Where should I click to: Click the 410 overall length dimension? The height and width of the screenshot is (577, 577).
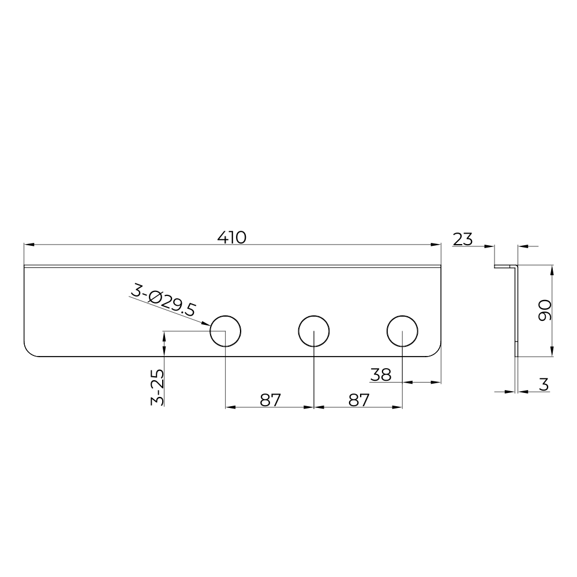click(231, 238)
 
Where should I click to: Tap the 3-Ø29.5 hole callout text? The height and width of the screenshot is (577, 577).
click(163, 303)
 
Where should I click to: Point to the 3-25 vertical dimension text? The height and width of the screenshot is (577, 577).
click(157, 387)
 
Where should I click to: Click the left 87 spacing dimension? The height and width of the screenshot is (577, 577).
click(271, 400)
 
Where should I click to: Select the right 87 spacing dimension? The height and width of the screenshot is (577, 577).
click(359, 400)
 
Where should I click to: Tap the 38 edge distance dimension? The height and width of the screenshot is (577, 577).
click(381, 375)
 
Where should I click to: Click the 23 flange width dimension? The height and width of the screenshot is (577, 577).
click(463, 239)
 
